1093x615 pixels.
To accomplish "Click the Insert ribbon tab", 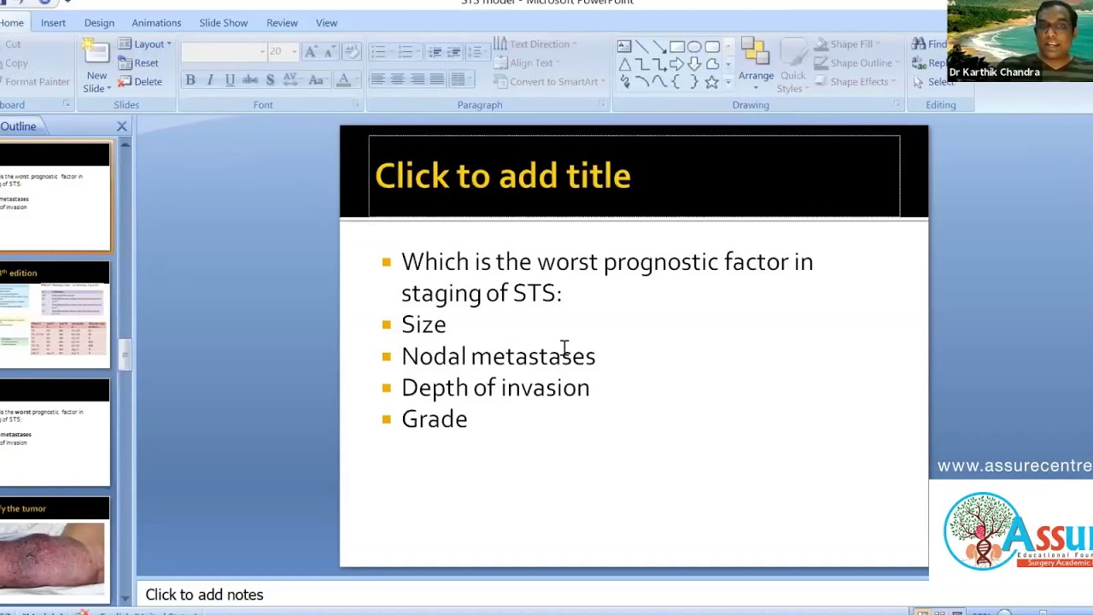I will [x=53, y=23].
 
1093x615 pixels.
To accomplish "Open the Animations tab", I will [x=156, y=23].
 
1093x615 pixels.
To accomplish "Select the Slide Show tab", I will [x=223, y=23].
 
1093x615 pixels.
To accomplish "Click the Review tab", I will [x=282, y=23].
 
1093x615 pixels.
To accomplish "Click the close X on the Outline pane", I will [x=121, y=126].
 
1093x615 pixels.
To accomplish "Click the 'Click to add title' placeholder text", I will [x=502, y=176].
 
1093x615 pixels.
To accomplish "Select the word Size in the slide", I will [x=424, y=325].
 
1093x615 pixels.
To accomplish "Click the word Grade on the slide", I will [x=434, y=419].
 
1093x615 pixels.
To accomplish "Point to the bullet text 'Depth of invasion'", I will [x=495, y=388].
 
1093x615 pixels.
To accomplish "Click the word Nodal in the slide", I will [x=434, y=356].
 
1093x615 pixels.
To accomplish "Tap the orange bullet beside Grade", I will [x=387, y=419].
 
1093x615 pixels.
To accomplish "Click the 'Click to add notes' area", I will [x=204, y=594].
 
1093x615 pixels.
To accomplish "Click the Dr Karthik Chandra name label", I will [x=994, y=73].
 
